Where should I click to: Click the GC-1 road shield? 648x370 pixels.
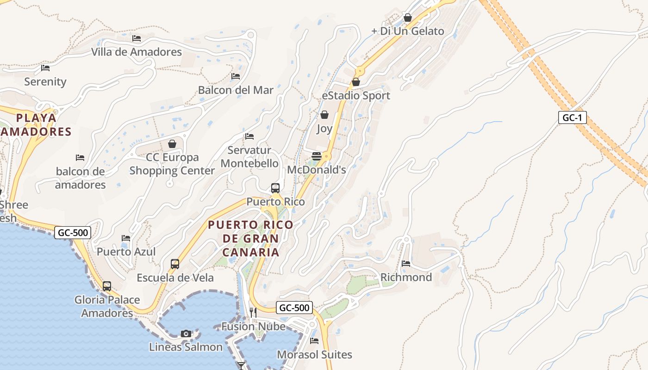tap(572, 117)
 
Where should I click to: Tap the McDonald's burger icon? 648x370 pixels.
tap(317, 156)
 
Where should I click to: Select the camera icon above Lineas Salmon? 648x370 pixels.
tap(186, 333)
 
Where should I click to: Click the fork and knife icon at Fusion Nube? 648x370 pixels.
tap(253, 313)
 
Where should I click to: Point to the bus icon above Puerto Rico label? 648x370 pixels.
tap(275, 188)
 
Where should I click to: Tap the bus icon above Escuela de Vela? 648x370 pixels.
tap(175, 264)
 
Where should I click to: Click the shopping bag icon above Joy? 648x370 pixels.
tap(324, 115)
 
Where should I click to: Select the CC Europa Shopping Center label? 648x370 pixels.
tap(172, 164)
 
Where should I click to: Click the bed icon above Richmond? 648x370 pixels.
tap(406, 264)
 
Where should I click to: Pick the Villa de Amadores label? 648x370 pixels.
tap(137, 52)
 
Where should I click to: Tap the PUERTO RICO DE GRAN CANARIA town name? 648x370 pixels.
tap(250, 239)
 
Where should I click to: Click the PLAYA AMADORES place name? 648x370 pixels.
tap(36, 125)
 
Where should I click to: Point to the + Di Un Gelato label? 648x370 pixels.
tap(408, 31)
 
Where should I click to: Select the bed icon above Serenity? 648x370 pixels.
tap(45, 68)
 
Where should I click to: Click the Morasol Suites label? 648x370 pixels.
tap(314, 355)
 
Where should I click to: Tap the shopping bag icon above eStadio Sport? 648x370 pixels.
tap(356, 82)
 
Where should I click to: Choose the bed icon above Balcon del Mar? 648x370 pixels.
tap(236, 76)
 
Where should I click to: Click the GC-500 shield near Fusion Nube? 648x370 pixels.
tap(294, 308)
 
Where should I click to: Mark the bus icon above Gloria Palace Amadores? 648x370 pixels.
tap(107, 286)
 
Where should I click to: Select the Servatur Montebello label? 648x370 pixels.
tap(249, 157)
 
